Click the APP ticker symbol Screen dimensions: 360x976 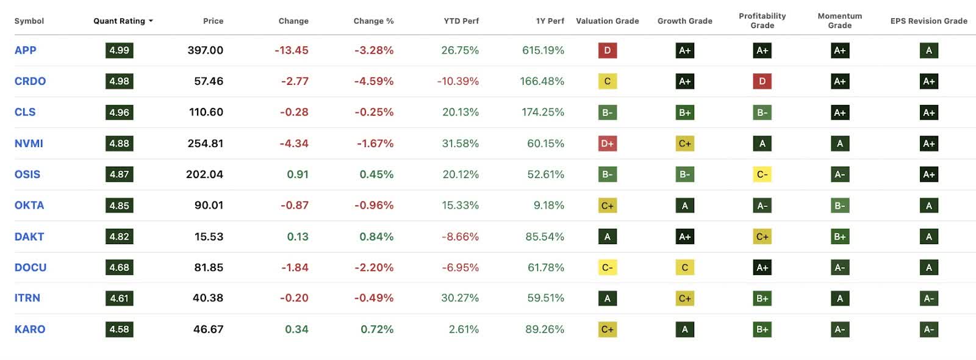25,50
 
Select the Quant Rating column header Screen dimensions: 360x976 120,21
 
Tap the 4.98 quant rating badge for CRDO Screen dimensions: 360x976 119,81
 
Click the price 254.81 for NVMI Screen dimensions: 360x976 205,143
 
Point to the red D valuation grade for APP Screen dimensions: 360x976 607,50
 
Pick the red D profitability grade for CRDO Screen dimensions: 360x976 762,81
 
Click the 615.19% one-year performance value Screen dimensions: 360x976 543,50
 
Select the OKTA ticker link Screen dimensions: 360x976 29,205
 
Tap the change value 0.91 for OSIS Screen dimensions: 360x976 297,174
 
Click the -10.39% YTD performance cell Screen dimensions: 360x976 457,81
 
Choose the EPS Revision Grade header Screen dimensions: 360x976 928,21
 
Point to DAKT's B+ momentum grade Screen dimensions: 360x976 839,236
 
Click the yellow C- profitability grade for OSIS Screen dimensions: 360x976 762,174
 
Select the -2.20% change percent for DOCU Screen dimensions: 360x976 373,267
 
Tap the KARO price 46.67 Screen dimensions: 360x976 208,329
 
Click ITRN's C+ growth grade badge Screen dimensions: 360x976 684,298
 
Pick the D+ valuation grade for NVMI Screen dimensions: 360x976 607,143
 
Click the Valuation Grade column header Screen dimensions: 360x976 607,21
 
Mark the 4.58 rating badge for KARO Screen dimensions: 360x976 119,329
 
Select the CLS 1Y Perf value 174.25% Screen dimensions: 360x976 543,112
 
